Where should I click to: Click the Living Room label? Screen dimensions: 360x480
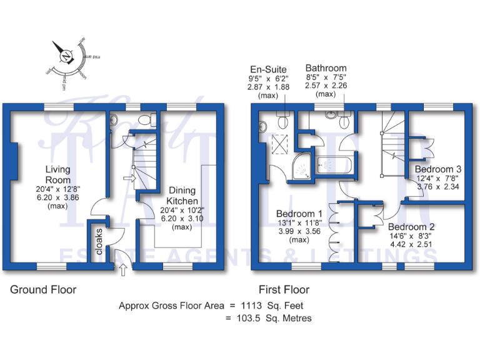coord(57,174)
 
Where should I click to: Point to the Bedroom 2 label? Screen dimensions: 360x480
coord(411,226)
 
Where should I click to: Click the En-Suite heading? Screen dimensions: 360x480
coord(269,69)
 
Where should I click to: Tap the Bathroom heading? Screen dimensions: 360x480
coord(326,68)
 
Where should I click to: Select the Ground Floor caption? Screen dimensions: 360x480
coord(42,290)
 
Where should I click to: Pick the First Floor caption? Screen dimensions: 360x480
coord(284,290)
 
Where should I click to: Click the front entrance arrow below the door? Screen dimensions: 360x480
coord(122,270)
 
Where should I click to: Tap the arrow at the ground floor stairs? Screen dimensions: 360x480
coord(129,179)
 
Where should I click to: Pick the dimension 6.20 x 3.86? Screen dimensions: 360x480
coord(57,197)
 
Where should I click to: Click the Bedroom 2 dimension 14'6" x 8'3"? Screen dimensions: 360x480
coord(411,236)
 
